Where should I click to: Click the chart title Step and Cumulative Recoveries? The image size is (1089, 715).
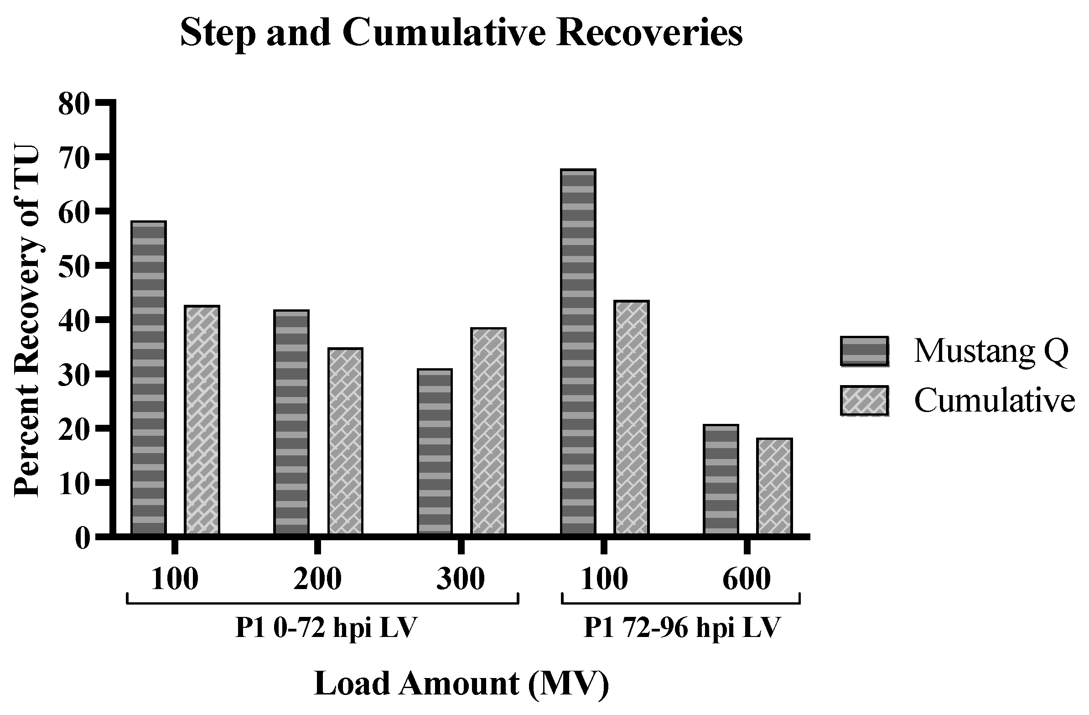(461, 33)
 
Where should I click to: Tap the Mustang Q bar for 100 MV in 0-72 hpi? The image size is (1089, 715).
(148, 377)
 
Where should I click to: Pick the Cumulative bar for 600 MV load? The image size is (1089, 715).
(774, 486)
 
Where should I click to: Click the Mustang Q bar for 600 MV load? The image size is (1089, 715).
(721, 479)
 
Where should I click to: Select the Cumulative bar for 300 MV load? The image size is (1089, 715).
(488, 431)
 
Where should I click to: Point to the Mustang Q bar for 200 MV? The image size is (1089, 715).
(291, 422)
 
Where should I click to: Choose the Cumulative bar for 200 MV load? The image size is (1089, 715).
(346, 441)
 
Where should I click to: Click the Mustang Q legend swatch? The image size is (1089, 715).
(864, 351)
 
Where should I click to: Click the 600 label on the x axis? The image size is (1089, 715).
(746, 579)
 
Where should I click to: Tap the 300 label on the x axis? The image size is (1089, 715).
(460, 579)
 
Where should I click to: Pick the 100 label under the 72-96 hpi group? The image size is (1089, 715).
(604, 579)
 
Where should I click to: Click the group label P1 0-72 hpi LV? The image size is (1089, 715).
(326, 627)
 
